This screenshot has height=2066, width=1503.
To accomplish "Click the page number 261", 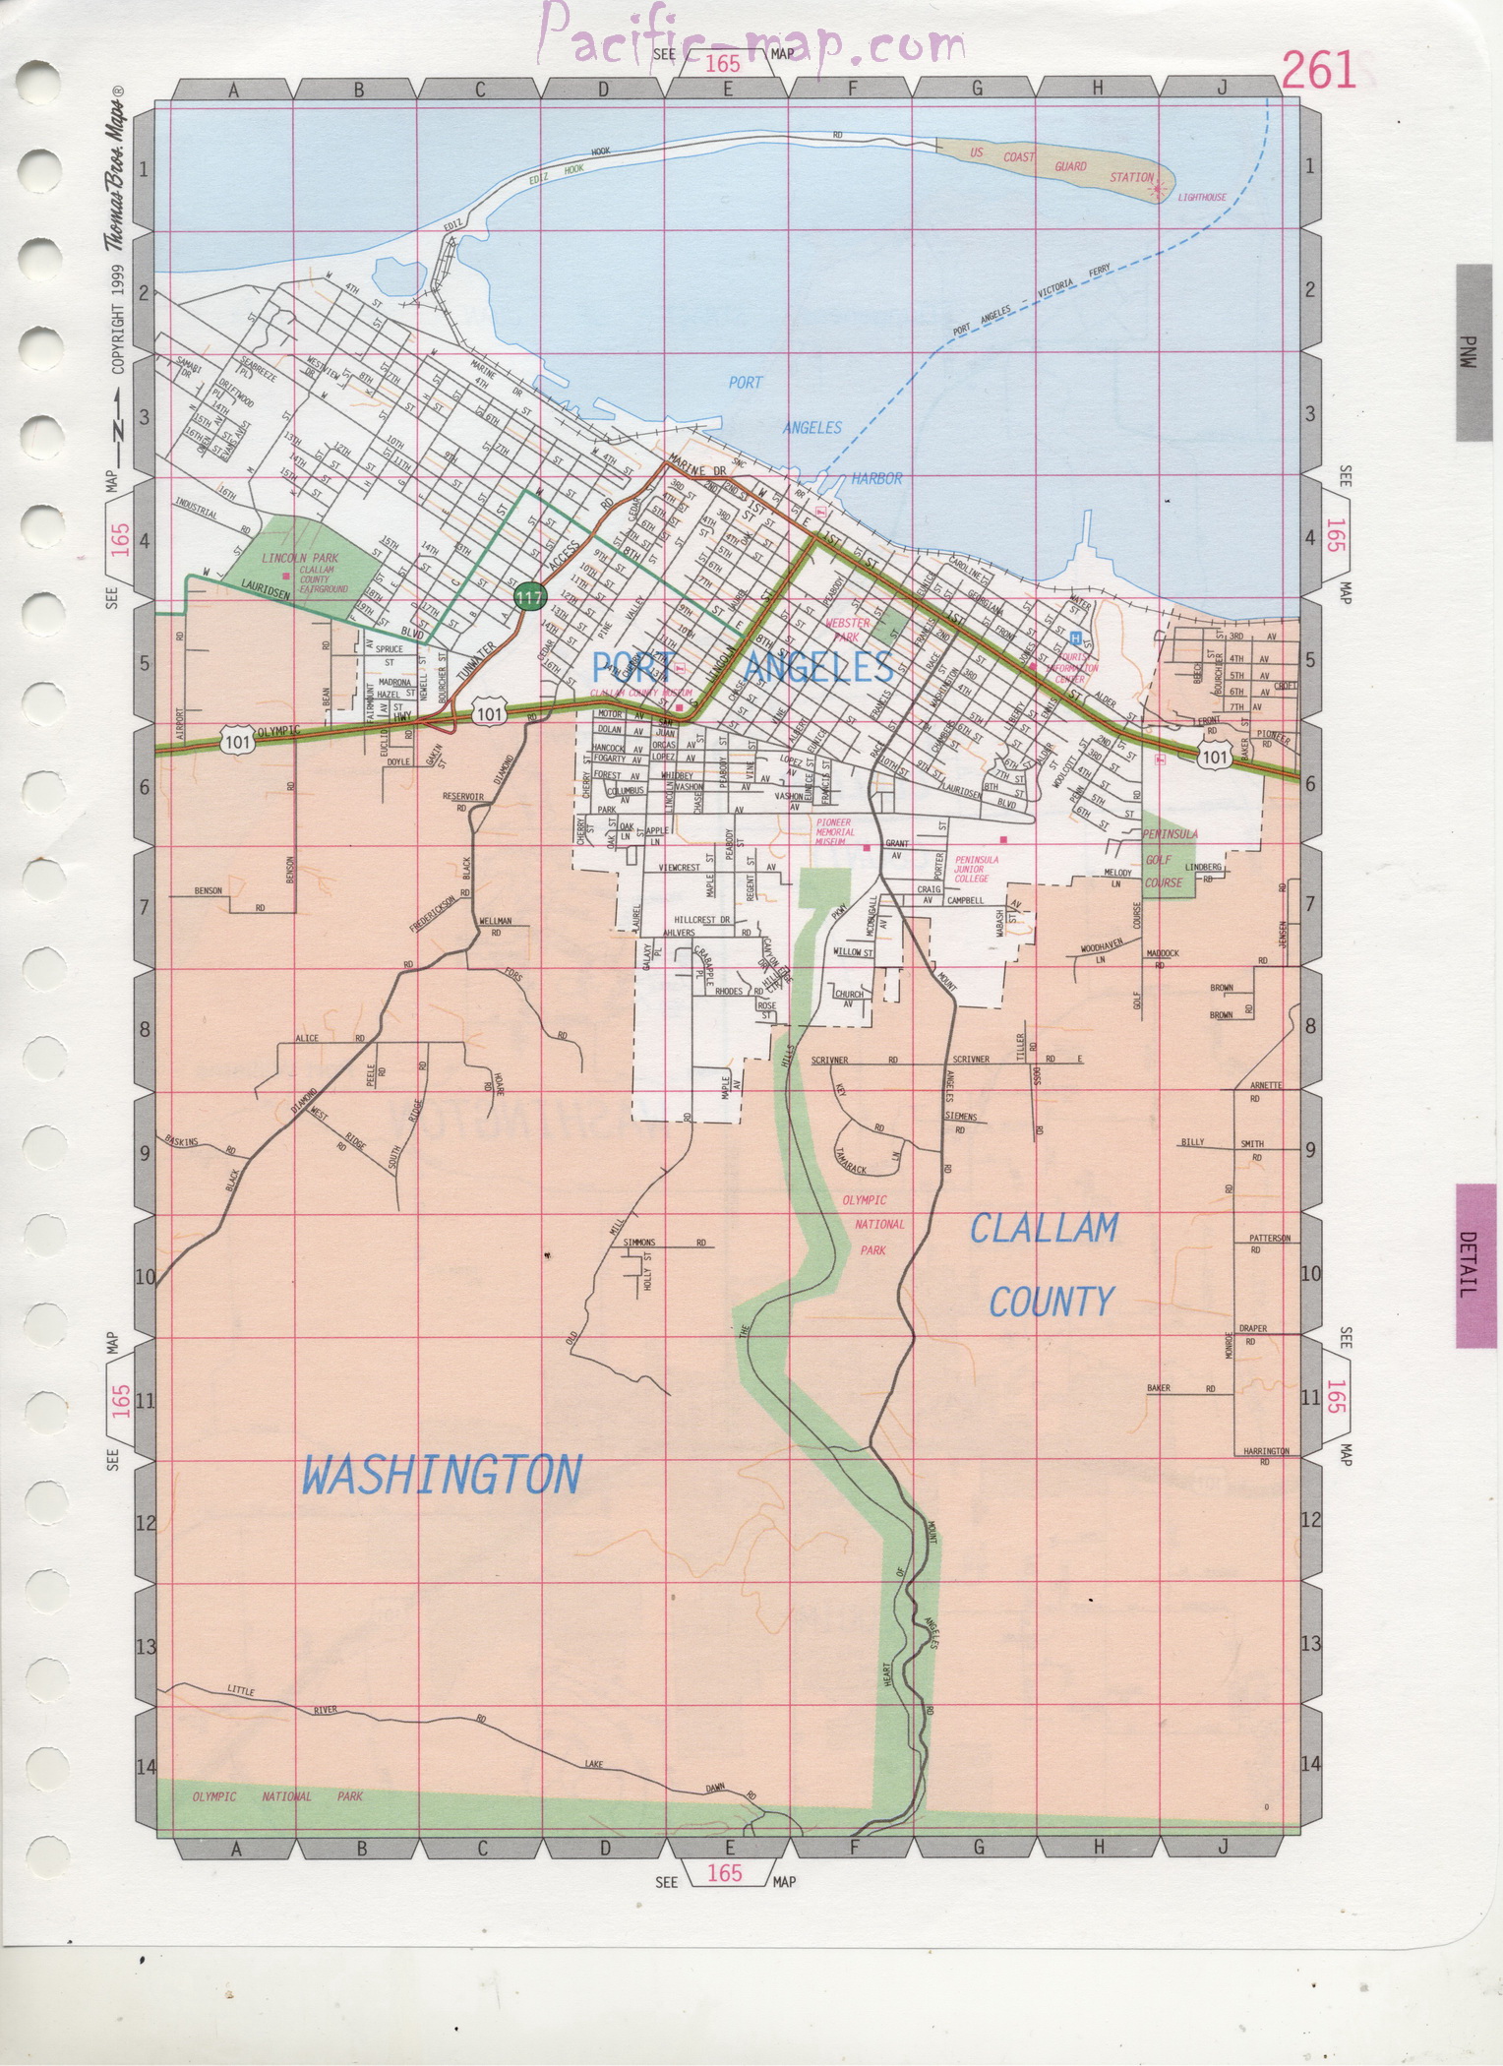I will click(x=1318, y=70).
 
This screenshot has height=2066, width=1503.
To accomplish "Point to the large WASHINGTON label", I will click(x=442, y=1476).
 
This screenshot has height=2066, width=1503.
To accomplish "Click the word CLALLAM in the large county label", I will click(x=1045, y=1229).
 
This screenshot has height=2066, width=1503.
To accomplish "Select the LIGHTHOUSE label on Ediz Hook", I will click(x=1202, y=198).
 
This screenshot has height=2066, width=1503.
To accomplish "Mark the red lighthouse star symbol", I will click(x=1159, y=186).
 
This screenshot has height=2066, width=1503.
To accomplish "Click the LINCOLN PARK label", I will click(x=300, y=558).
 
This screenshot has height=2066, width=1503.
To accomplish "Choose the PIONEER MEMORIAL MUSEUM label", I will click(x=835, y=832).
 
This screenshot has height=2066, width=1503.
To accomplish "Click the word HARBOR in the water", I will click(x=876, y=479).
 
